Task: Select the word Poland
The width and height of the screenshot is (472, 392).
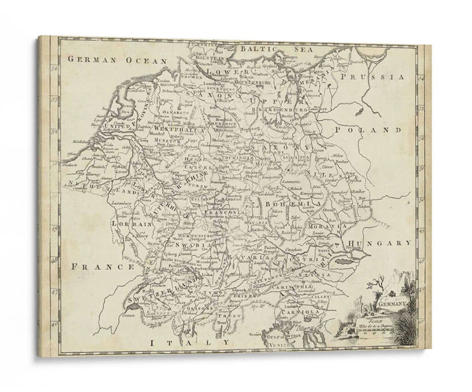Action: tap(367, 129)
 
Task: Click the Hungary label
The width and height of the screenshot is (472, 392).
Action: tap(378, 243)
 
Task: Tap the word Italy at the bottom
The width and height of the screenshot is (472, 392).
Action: tap(189, 342)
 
